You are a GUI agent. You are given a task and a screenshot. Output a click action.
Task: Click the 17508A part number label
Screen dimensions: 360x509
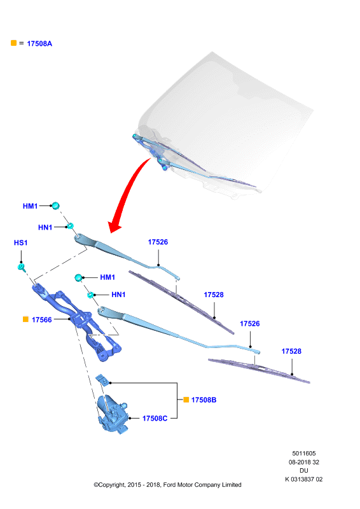pyautogui.click(x=39, y=43)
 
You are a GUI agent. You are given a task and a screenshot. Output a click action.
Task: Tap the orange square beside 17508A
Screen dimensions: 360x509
pyautogui.click(x=13, y=43)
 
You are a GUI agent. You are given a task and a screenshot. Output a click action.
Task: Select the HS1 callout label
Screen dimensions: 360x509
pyautogui.click(x=21, y=242)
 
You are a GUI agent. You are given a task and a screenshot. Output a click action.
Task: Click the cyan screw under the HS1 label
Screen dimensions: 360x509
pyautogui.click(x=22, y=267)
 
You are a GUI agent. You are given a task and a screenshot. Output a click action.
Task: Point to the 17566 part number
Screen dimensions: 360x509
pyautogui.click(x=42, y=320)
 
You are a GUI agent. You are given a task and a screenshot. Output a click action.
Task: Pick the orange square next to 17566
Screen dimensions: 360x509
pyautogui.click(x=25, y=319)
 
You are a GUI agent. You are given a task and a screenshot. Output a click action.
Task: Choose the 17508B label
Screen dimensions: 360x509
pyautogui.click(x=204, y=400)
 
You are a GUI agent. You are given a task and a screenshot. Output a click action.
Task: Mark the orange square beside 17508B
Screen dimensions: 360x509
pyautogui.click(x=186, y=400)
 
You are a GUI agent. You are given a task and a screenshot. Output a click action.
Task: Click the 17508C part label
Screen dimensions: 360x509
pyautogui.click(x=155, y=419)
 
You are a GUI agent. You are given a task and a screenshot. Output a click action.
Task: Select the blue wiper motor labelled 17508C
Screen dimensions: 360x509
pyautogui.click(x=113, y=414)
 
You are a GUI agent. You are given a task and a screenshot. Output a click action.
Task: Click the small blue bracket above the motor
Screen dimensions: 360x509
pyautogui.click(x=102, y=379)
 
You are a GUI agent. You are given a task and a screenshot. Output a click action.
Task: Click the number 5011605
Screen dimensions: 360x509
pyautogui.click(x=304, y=454)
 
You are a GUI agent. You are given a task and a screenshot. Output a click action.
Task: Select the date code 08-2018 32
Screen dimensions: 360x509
pyautogui.click(x=304, y=462)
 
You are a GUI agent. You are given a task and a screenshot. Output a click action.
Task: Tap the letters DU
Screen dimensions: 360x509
pyautogui.click(x=304, y=470)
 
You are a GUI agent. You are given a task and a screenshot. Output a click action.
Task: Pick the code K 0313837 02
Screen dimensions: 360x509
pyautogui.click(x=304, y=479)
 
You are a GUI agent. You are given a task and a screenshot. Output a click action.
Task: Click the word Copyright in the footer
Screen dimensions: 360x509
pyautogui.click(x=109, y=485)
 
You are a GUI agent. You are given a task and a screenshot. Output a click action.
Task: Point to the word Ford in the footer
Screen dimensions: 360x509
pyautogui.click(x=170, y=485)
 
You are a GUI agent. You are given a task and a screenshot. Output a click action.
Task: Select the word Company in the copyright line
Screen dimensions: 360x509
pyautogui.click(x=207, y=485)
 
